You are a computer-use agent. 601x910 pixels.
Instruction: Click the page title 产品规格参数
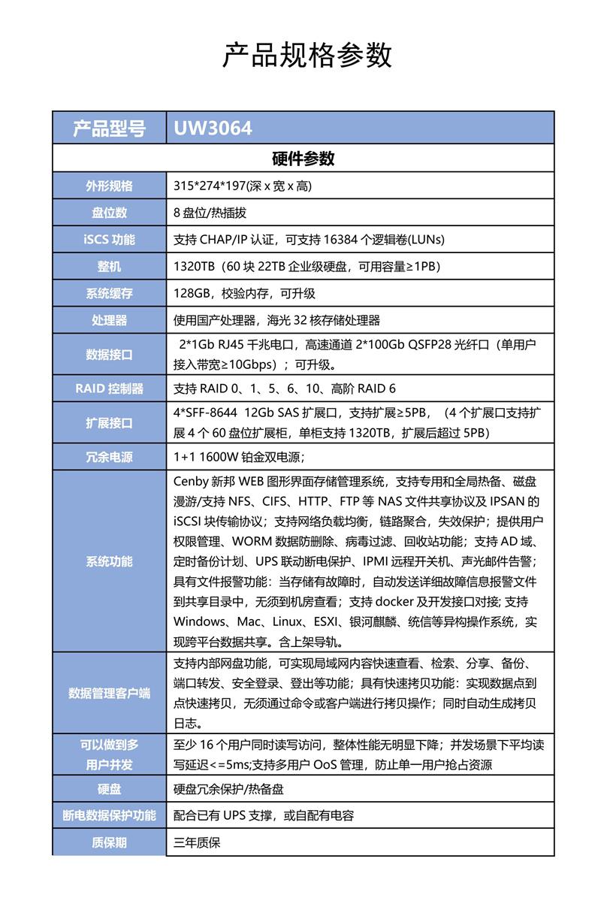point(307,56)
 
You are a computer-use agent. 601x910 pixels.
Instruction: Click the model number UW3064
point(213,128)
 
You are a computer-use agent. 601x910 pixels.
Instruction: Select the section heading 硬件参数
point(303,159)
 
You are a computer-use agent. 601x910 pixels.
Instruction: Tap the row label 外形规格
point(109,186)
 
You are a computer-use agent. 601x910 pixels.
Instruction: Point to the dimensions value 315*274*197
point(198,186)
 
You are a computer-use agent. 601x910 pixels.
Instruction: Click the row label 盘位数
point(109,213)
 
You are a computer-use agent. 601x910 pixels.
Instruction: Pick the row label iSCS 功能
point(109,240)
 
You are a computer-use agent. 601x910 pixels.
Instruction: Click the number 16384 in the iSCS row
point(346,240)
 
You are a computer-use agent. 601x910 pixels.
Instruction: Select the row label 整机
point(109,267)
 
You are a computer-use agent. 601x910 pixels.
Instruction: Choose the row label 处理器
point(109,321)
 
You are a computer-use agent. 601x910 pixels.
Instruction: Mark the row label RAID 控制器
point(109,388)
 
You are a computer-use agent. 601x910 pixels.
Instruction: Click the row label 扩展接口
point(109,422)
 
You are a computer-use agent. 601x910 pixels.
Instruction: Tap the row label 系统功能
point(109,561)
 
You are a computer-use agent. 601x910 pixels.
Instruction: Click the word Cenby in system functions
point(192,481)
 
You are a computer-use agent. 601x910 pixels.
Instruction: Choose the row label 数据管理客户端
point(109,693)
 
